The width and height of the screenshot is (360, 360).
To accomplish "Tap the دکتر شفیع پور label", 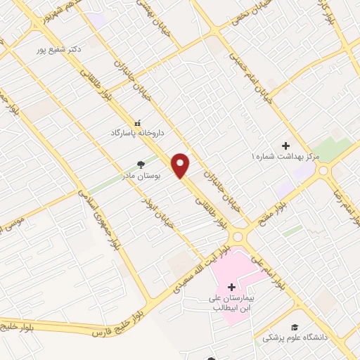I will coord(61,50).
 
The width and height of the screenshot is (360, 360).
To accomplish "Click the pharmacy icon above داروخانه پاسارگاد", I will coord(137,122).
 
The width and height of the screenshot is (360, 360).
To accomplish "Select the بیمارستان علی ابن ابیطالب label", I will coord(233,303).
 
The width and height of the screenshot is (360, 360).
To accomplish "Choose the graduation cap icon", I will coord(295,328).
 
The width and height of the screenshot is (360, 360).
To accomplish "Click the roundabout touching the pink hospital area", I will coord(239,237).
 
